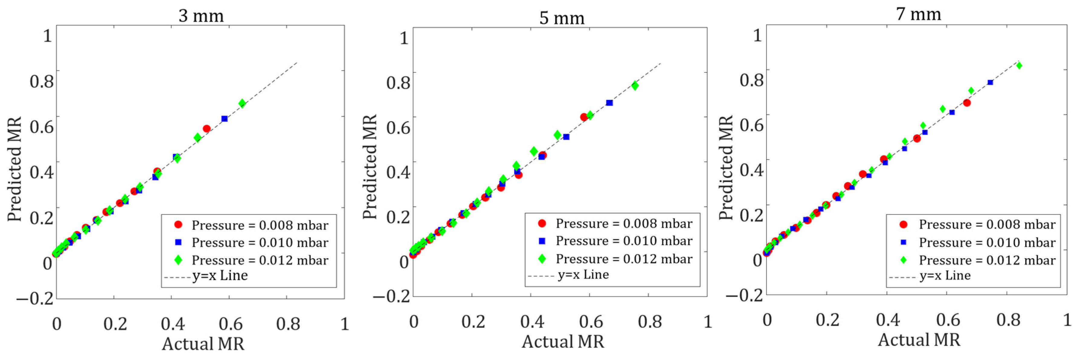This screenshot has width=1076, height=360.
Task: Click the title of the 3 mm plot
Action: pos(201,16)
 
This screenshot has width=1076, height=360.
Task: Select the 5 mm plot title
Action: pos(561,18)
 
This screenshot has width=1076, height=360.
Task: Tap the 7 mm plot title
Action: pos(918,14)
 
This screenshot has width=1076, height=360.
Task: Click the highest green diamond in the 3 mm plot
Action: pos(242,103)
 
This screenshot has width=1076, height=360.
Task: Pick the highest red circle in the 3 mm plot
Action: pos(206,129)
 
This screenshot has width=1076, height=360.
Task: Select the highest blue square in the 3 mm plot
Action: pos(224,119)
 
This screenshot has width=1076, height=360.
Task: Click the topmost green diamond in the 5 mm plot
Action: pos(635,85)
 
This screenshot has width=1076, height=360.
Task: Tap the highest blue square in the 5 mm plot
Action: pos(609,103)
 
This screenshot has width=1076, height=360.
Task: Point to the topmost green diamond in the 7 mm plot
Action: pos(1019,66)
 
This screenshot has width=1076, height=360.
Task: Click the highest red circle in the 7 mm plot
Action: pos(967,103)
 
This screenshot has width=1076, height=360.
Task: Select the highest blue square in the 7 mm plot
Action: pos(990,82)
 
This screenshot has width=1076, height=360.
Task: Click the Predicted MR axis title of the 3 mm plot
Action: pos(14,169)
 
